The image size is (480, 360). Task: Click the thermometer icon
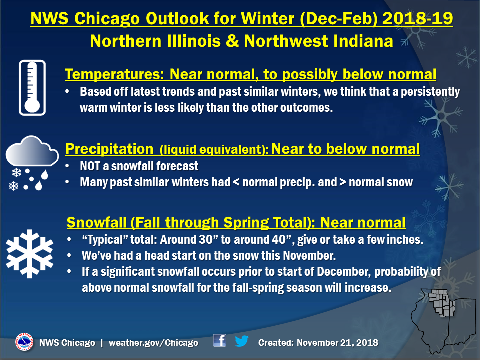click(x=32, y=88)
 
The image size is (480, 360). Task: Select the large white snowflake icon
click(x=29, y=254)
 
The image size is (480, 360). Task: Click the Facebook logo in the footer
click(x=220, y=340)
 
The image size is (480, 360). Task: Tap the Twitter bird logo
click(x=242, y=341)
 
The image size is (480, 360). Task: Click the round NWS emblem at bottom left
click(x=24, y=342)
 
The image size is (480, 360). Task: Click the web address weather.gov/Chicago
click(x=153, y=343)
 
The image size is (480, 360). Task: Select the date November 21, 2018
click(x=337, y=343)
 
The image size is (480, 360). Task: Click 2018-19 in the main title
click(x=418, y=18)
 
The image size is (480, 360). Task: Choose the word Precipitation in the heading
click(x=109, y=149)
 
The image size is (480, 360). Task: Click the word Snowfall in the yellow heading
click(x=96, y=222)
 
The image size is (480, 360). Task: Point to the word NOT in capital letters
click(x=90, y=166)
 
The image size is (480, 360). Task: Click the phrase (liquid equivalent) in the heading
click(x=214, y=149)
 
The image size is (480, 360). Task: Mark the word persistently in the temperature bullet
click(x=430, y=92)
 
